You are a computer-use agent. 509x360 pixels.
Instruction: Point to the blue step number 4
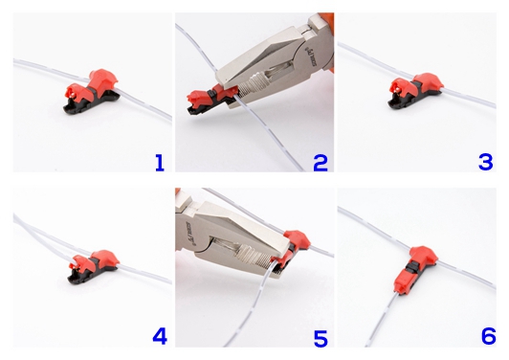click(x=158, y=336)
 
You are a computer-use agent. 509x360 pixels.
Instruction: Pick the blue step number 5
click(x=321, y=336)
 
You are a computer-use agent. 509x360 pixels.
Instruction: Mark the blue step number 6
click(x=485, y=336)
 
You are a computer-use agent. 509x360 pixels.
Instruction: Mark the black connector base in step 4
click(x=88, y=281)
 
